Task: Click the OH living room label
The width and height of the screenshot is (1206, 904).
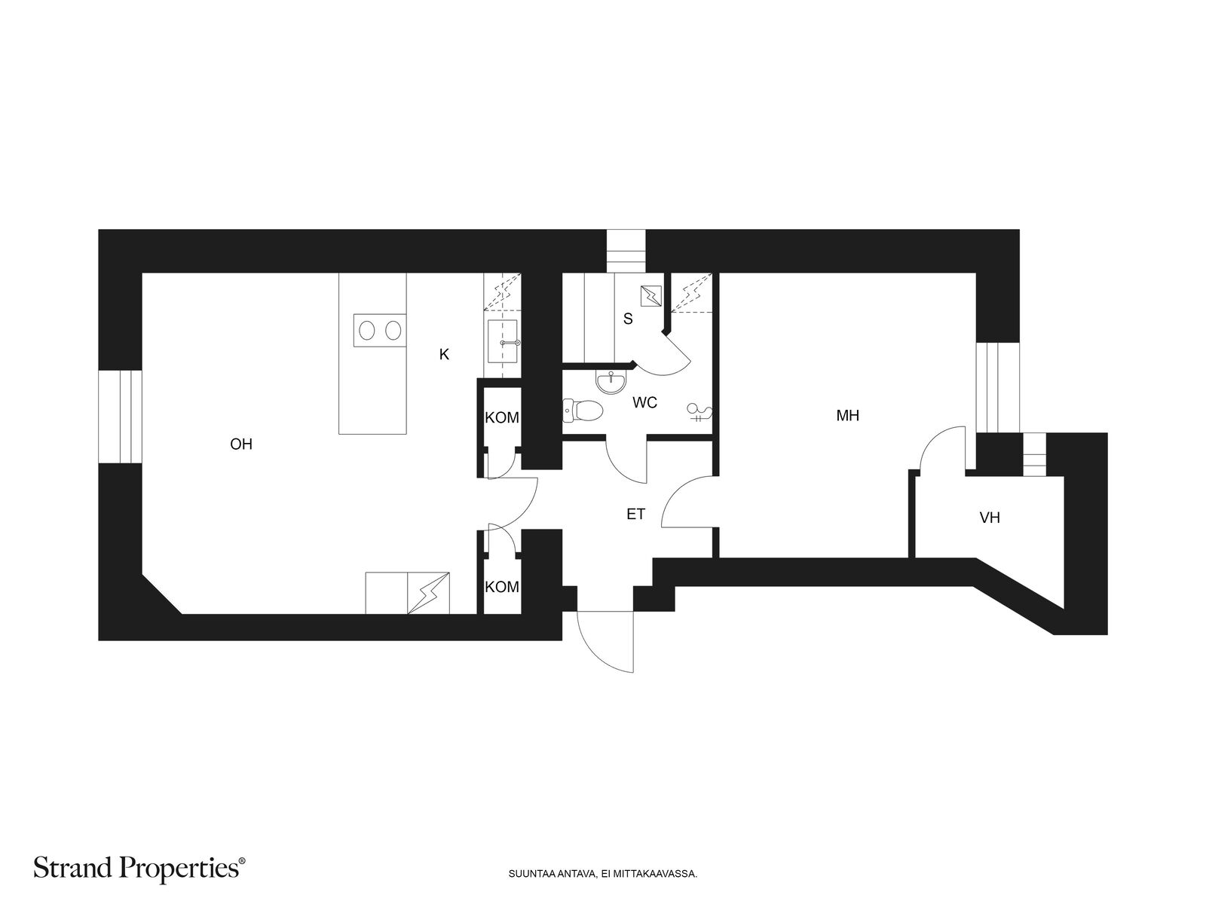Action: point(240,444)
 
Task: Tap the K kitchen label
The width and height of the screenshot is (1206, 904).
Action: point(444,355)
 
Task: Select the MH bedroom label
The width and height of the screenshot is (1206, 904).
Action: point(847,416)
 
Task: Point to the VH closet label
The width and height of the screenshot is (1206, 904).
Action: point(990,518)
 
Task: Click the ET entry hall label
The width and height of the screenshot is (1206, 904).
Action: point(635,515)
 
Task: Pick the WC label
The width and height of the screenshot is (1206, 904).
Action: point(644,402)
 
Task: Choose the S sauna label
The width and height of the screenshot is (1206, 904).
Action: point(628,319)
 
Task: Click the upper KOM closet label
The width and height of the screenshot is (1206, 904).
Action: point(502,417)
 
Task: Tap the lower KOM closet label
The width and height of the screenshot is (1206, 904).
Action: point(502,587)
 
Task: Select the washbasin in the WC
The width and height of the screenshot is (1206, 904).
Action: point(611,382)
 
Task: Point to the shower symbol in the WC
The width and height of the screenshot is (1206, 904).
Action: point(699,413)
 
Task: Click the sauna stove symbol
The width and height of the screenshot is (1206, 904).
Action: point(651,296)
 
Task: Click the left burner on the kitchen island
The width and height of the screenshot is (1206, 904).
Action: point(366,331)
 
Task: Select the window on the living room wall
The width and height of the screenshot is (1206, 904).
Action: point(120,417)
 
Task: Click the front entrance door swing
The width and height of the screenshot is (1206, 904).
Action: point(605,641)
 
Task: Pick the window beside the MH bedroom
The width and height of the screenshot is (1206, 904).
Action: point(997,387)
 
